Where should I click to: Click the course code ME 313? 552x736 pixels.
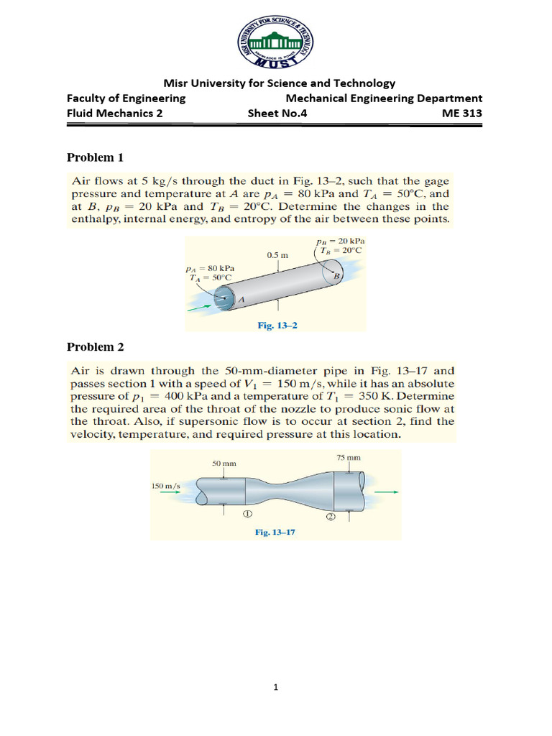tap(463, 113)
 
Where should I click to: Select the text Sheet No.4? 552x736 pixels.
tap(277, 113)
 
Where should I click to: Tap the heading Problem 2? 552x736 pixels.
tap(96, 347)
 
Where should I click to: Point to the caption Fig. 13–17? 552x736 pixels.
tap(275, 533)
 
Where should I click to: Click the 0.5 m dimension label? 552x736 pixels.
tap(277, 254)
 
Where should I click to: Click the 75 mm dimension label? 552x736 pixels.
tap(348, 457)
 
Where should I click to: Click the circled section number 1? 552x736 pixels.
tap(246, 515)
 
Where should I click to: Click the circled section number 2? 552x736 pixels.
tap(331, 518)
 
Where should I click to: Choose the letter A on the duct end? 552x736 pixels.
tap(241, 299)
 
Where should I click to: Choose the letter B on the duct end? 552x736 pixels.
tap(335, 274)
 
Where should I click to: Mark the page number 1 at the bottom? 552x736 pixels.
tap(275, 687)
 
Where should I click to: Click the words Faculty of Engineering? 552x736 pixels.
tap(126, 98)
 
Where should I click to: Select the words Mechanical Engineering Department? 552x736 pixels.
tap(384, 98)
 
